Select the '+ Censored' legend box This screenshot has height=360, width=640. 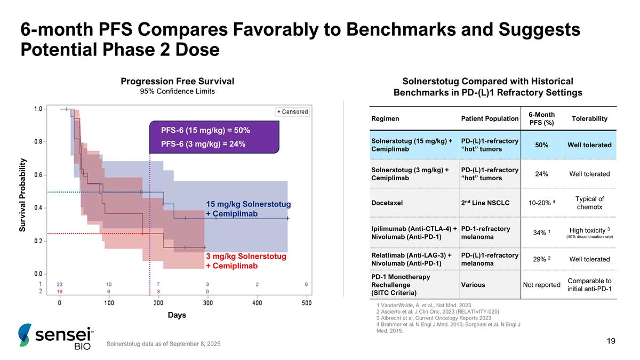tap(292, 111)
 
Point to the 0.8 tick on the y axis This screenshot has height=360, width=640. tap(38, 142)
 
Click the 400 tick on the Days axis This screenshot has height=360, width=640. tap(257, 303)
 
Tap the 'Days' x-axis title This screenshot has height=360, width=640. tap(177, 315)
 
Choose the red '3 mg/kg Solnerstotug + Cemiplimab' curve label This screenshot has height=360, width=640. tap(246, 261)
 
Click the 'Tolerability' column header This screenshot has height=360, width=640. tap(589, 118)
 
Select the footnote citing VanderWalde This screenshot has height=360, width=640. tap(416, 305)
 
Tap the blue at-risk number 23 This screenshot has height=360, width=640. tap(60, 284)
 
